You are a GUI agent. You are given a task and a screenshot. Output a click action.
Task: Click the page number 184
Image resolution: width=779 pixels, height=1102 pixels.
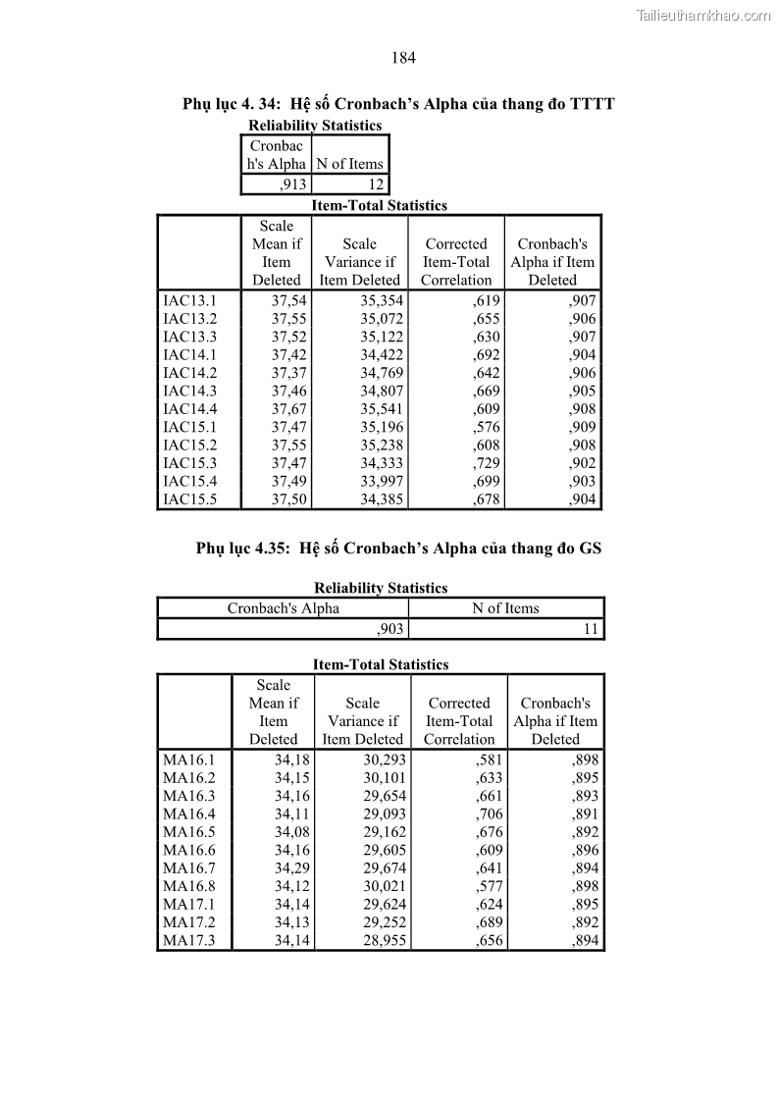tap(403, 58)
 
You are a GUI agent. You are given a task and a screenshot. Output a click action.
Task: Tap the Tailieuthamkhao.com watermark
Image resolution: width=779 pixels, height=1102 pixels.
tap(703, 15)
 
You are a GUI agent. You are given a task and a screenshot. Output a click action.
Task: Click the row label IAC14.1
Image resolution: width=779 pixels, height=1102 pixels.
tap(189, 354)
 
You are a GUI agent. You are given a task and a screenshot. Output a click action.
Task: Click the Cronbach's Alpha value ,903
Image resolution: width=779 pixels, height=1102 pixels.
tap(390, 629)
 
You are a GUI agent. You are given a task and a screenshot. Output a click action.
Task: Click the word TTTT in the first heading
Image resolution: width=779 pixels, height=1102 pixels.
tap(591, 104)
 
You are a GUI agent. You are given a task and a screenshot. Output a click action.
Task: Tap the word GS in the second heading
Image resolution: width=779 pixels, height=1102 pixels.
tap(590, 549)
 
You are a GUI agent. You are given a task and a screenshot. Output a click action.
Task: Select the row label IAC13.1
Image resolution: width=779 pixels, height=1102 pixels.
tap(189, 300)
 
